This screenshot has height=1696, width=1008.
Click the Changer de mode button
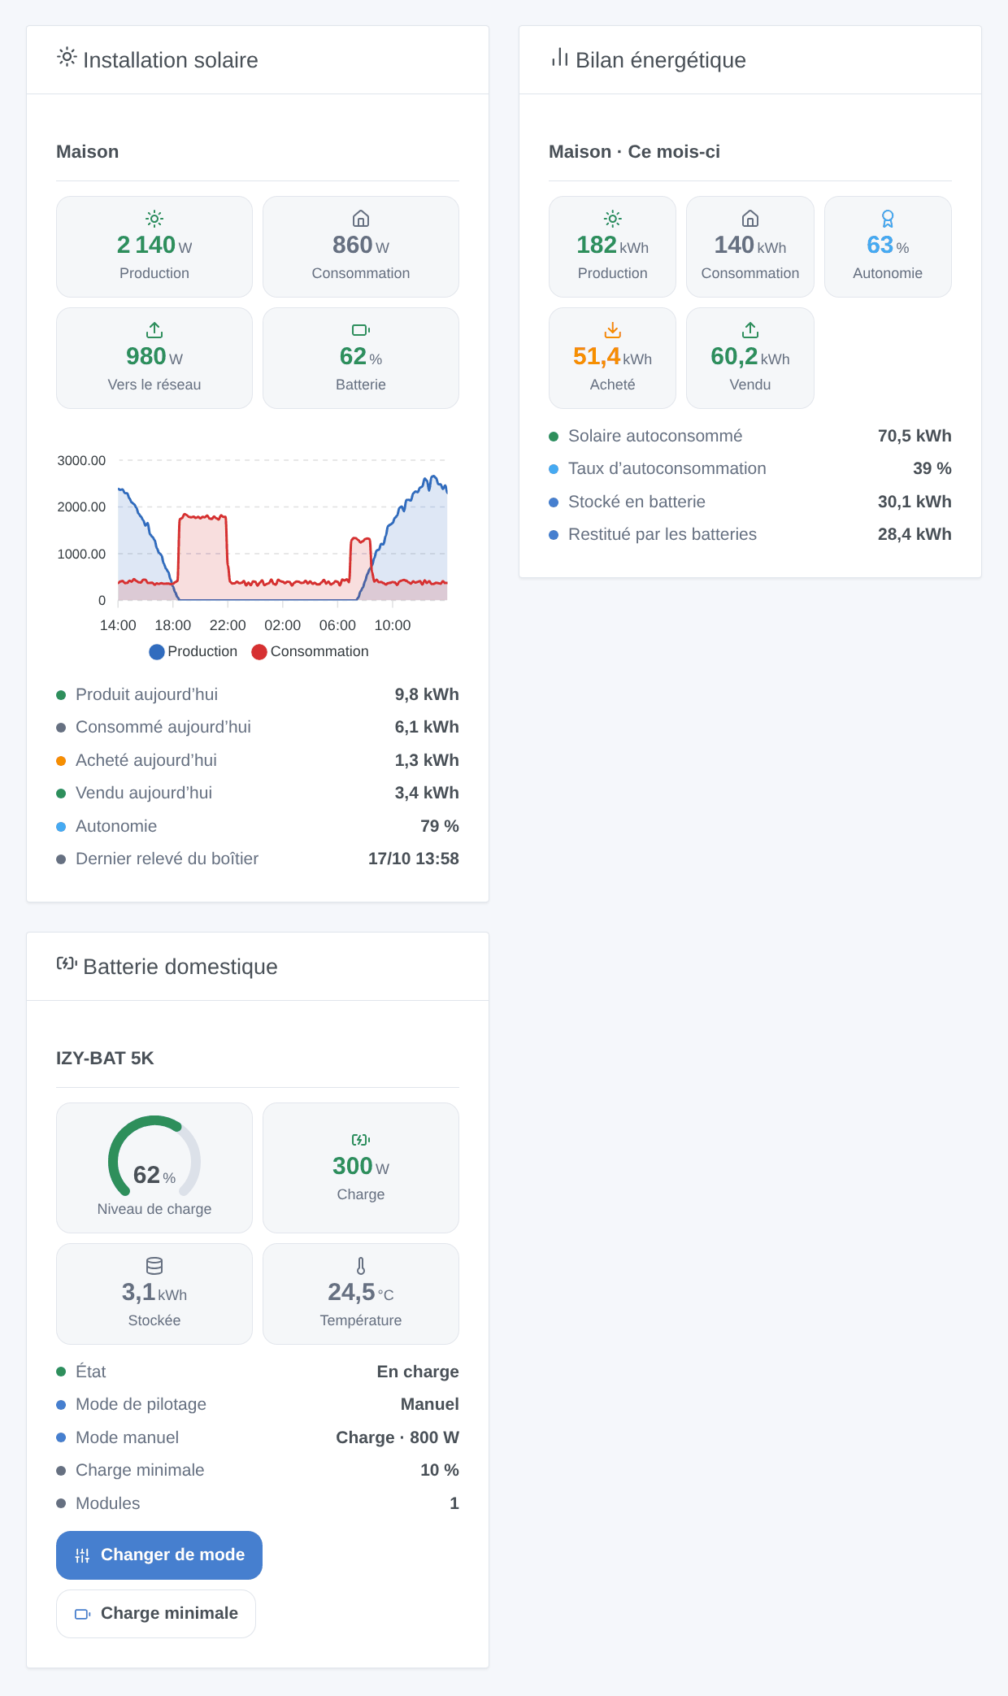click(x=159, y=1555)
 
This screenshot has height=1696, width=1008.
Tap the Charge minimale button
click(x=156, y=1613)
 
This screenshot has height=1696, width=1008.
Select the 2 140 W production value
click(x=154, y=245)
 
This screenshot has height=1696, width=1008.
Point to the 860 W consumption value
click(x=361, y=245)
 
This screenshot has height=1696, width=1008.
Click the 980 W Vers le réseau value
click(x=154, y=356)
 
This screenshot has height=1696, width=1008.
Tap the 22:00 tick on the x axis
click(x=228, y=625)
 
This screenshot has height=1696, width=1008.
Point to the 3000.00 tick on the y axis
click(x=81, y=460)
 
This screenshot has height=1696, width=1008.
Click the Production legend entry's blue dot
click(x=157, y=652)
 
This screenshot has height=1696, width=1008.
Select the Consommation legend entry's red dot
click(x=259, y=652)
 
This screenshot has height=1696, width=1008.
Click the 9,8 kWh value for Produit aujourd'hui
click(x=427, y=694)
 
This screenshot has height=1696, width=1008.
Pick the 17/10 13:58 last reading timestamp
click(x=414, y=859)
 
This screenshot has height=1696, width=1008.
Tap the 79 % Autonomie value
click(x=440, y=826)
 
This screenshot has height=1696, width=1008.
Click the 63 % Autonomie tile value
click(x=888, y=245)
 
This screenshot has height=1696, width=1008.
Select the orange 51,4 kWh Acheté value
click(x=612, y=356)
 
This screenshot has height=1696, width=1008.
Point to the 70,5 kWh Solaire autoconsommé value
click(x=915, y=436)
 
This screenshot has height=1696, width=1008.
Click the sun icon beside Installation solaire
click(x=67, y=57)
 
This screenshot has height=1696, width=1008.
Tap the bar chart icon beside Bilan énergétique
click(x=559, y=57)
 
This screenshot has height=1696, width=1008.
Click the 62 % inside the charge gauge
click(x=154, y=1175)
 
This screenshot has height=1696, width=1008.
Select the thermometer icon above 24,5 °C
click(x=361, y=1266)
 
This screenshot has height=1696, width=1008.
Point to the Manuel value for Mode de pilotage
click(x=430, y=1404)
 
